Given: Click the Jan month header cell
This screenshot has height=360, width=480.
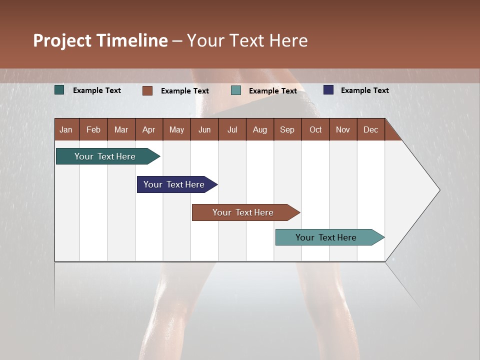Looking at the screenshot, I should coord(66,129).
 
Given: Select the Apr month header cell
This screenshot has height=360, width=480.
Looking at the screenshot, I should coord(149,129).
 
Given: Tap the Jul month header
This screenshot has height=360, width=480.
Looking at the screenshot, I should coord(232,129).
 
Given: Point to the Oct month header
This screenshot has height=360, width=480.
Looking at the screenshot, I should coord(315,129).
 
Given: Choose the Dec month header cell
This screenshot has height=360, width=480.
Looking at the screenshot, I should coord(370,129).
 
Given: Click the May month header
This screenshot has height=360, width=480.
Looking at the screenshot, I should coord(176,129).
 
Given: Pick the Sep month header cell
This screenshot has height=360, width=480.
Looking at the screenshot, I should coord(287,129).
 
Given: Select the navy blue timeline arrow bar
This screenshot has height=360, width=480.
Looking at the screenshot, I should coord(174,184).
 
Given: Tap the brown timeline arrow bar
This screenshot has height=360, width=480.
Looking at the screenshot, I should coord(243,212).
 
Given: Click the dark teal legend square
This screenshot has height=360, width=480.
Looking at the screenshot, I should coord(59,90).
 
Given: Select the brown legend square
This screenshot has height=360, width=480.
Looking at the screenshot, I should coord(147,90).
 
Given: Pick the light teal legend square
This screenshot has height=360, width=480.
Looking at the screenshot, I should coord(236,90).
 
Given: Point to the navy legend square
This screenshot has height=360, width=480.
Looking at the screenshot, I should coord(328,90).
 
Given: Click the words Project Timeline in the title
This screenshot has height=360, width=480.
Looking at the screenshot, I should coord(100,40).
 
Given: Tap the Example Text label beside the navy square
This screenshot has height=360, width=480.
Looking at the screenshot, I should coord(364,90).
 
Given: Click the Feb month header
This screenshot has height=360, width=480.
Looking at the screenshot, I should coord(93,129).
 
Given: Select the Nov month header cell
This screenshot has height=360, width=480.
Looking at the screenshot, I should coord(343,129).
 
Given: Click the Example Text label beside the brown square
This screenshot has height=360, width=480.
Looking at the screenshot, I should coord(184,91).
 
